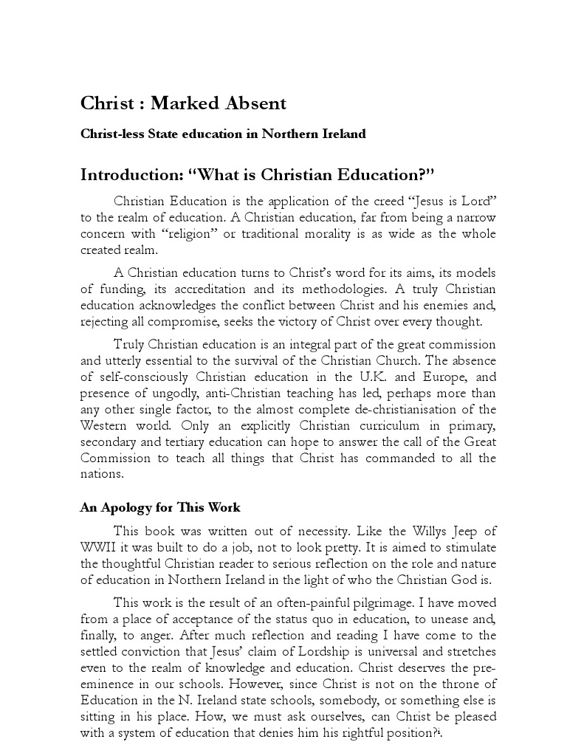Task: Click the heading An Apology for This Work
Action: (160, 508)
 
